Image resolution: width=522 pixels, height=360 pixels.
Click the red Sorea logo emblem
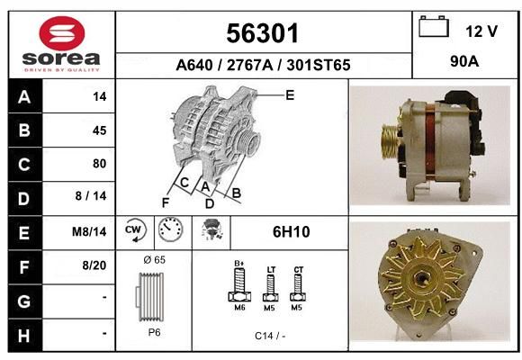point(62,33)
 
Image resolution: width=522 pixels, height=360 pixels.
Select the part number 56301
point(262,33)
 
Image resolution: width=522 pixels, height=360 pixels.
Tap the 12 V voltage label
point(481,31)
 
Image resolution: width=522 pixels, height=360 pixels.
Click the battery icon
point(434,26)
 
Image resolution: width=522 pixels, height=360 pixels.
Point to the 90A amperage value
point(464,61)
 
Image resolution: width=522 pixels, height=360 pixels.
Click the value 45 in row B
point(100,130)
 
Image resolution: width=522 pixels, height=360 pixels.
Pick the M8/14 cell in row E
point(89,232)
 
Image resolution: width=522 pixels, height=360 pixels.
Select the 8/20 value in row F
point(94,265)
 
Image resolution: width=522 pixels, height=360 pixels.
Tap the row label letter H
point(24,335)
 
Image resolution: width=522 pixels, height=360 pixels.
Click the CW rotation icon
point(134,230)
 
